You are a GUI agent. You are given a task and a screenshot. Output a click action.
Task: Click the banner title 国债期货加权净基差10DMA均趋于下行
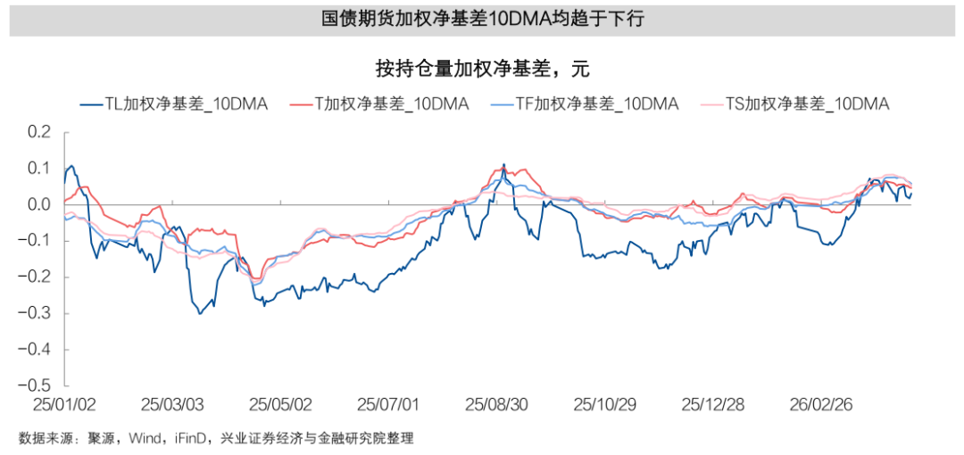482,20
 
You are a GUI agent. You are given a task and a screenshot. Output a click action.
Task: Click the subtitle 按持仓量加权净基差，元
482,69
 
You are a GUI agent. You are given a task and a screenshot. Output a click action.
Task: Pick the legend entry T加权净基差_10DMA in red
379,104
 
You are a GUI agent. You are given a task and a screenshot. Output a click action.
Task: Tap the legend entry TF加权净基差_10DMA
585,104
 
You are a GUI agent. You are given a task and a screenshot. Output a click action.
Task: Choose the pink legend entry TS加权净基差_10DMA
796,104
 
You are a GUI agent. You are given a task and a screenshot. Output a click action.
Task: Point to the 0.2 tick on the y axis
40,132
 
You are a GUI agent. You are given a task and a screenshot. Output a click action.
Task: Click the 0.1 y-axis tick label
40,169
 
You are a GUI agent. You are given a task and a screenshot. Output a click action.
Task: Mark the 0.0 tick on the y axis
40,205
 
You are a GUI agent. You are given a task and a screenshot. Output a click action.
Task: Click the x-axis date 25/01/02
63,404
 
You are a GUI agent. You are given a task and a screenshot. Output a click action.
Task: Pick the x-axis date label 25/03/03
173,404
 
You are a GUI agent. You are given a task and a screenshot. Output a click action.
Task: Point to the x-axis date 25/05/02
280,404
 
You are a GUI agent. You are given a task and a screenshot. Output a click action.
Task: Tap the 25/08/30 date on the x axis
496,404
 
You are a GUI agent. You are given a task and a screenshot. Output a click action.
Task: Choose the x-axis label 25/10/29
604,404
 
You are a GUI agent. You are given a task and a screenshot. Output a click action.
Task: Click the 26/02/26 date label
821,404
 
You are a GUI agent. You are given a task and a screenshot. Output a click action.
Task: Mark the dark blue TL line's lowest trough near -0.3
199,313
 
